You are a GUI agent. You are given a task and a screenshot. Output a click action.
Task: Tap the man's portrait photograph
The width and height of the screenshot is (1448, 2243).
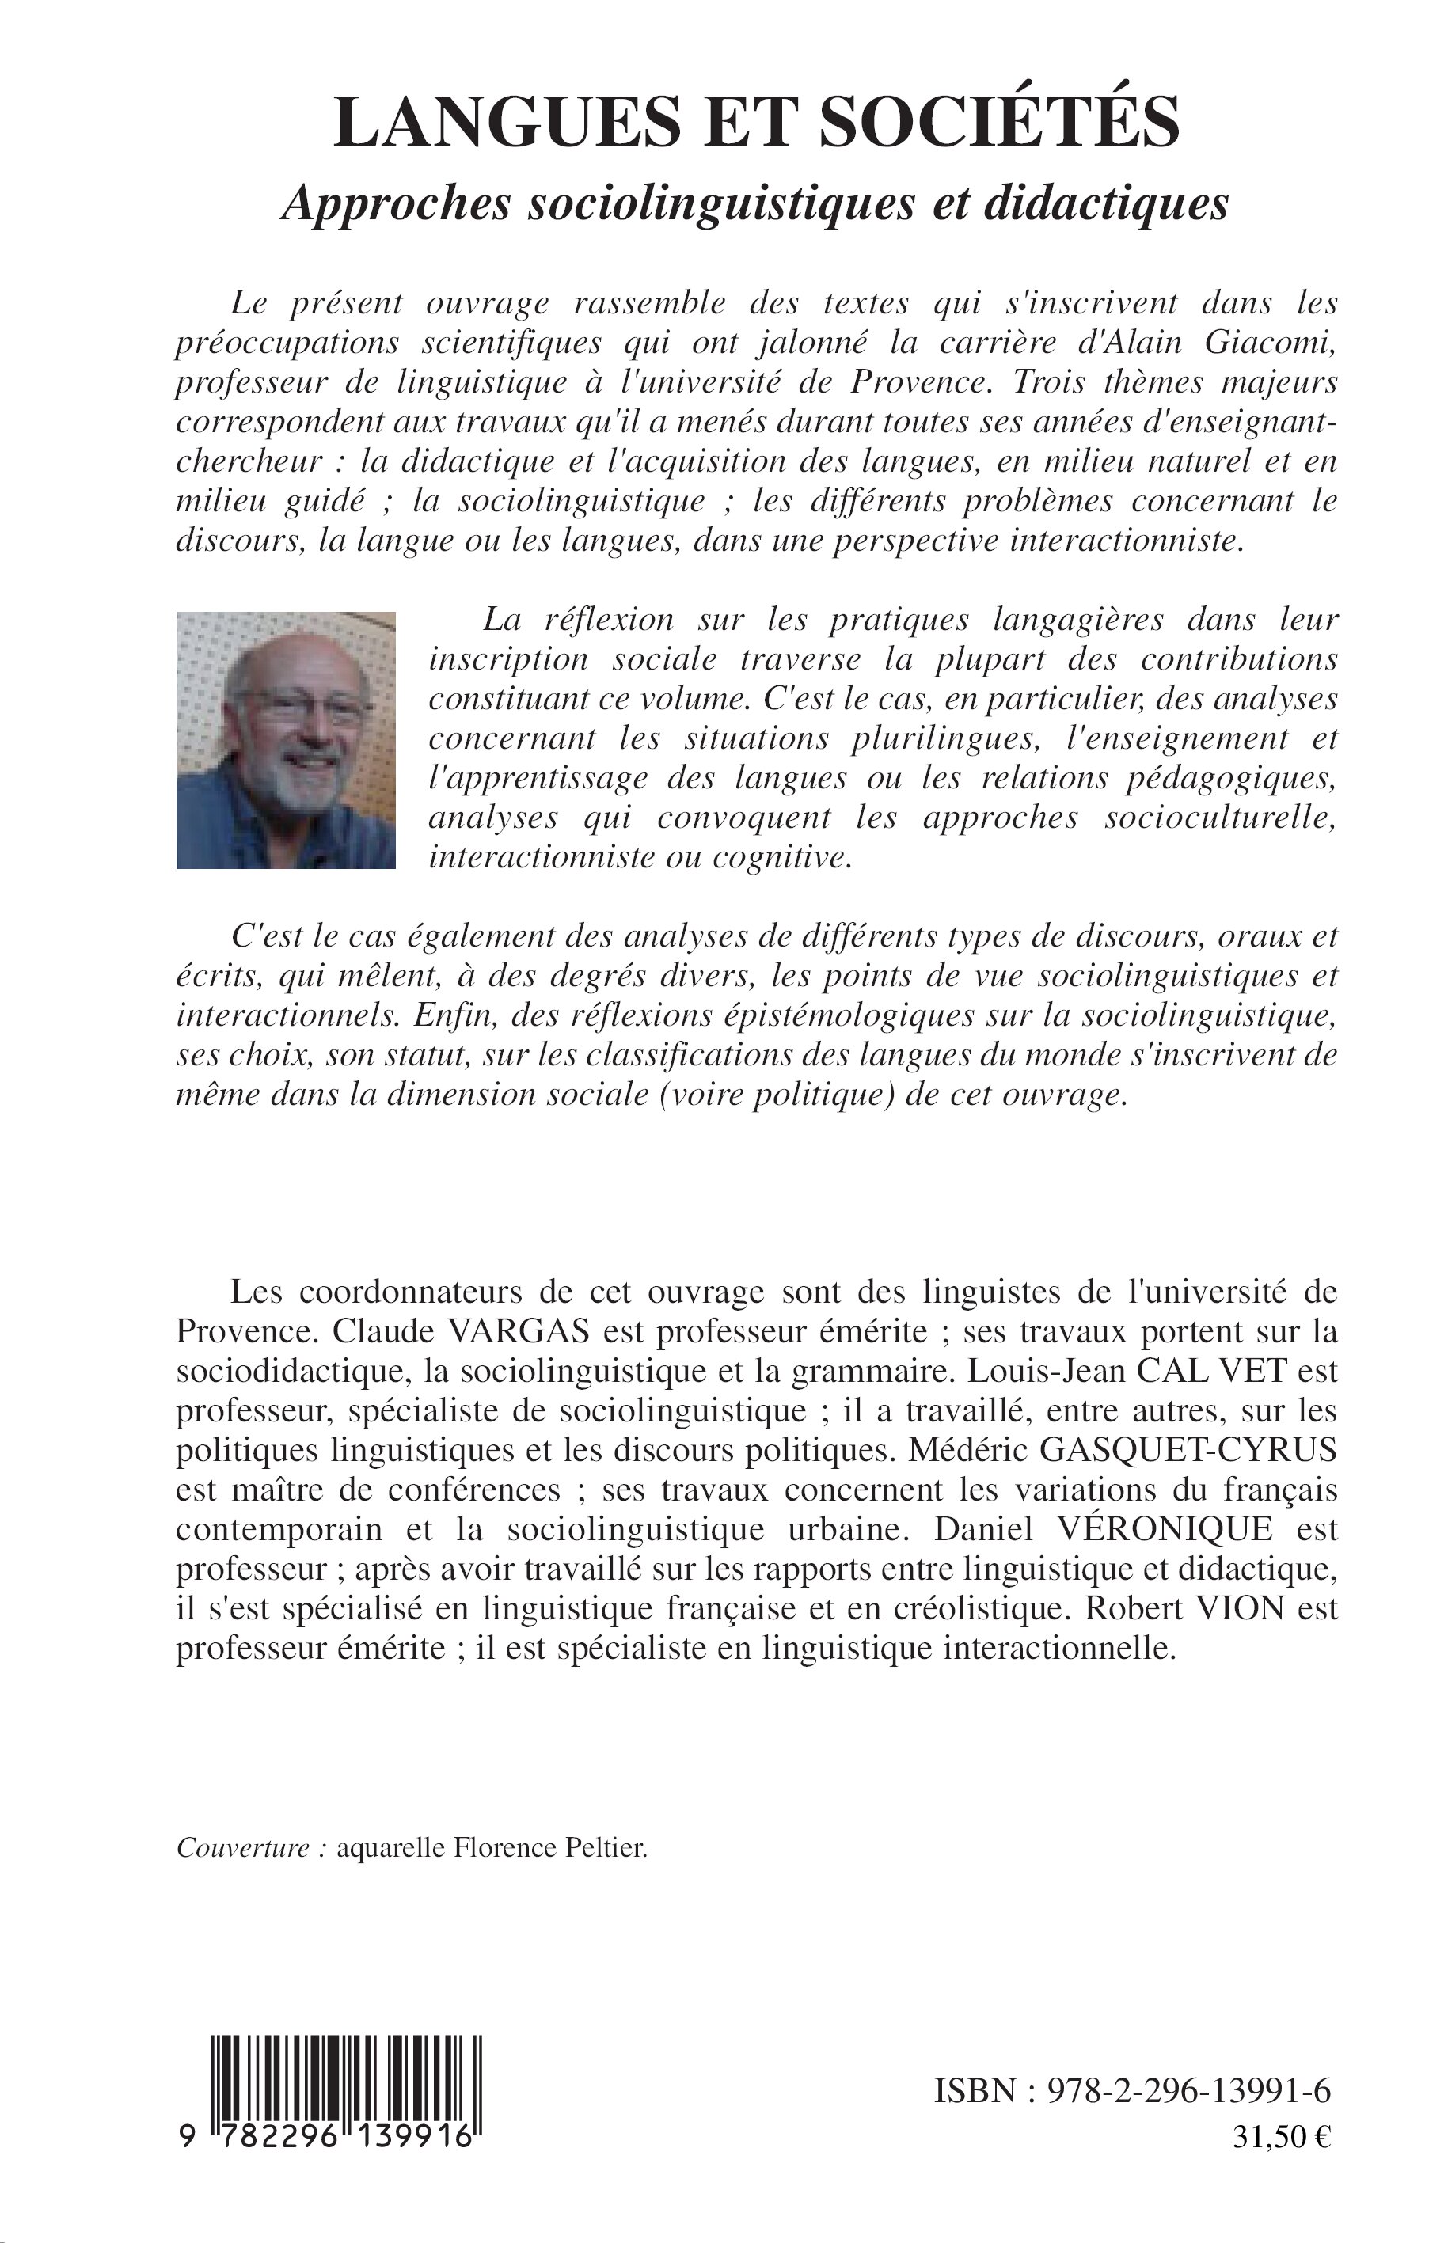click(x=286, y=740)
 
